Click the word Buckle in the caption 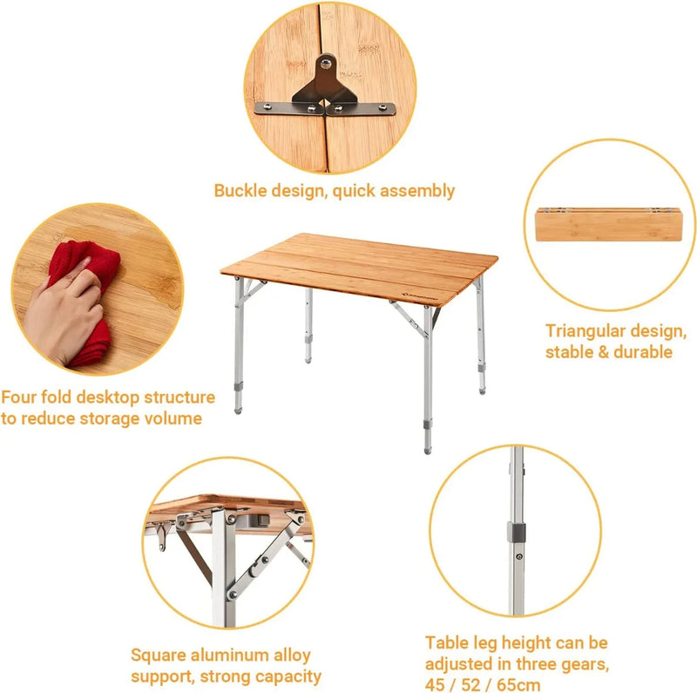[241, 190]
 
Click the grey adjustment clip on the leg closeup [518, 532]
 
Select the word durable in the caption [643, 352]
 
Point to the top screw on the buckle [325, 63]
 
